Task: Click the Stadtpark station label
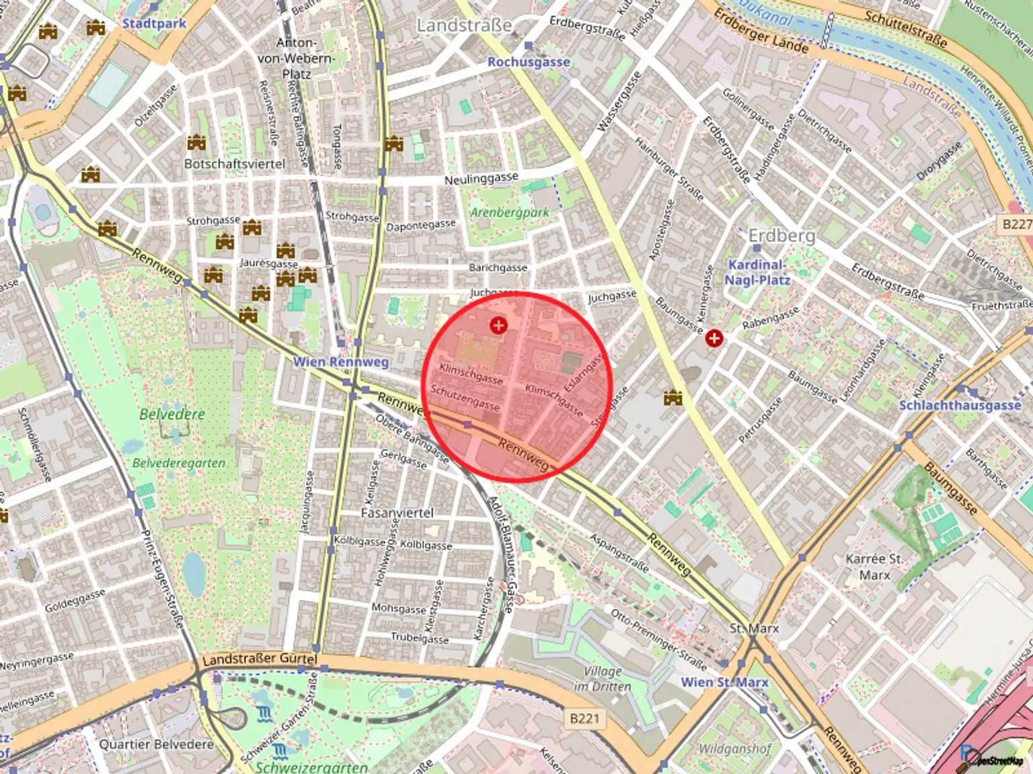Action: click(x=154, y=24)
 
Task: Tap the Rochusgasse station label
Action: click(x=529, y=62)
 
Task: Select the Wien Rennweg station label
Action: click(x=341, y=362)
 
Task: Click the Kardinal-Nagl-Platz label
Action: click(x=757, y=272)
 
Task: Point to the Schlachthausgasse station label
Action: click(x=960, y=405)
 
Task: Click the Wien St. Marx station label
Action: click(x=724, y=682)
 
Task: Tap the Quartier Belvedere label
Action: click(x=156, y=744)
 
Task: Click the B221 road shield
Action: click(x=584, y=718)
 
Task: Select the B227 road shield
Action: click(x=1016, y=224)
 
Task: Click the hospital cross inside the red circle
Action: click(x=498, y=326)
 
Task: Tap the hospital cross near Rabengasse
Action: click(x=714, y=338)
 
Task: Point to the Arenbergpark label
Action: click(x=509, y=213)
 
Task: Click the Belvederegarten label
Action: click(x=179, y=463)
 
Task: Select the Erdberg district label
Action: click(x=781, y=236)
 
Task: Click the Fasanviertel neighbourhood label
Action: click(x=397, y=513)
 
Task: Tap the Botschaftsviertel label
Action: click(x=235, y=164)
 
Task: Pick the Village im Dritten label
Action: click(x=603, y=679)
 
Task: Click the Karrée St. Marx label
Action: click(x=874, y=566)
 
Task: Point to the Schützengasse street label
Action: click(x=465, y=397)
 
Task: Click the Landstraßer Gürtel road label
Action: click(x=260, y=659)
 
